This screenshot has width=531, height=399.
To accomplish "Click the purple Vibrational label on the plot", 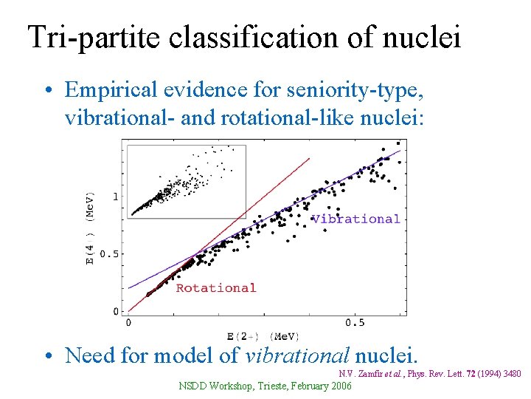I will (x=355, y=219).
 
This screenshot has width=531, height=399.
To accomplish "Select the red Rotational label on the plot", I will (x=215, y=288).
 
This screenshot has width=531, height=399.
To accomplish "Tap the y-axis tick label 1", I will (x=115, y=197).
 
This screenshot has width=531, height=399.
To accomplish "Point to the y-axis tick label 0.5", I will (x=108, y=253).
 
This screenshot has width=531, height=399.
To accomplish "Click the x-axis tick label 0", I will (x=129, y=323).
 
